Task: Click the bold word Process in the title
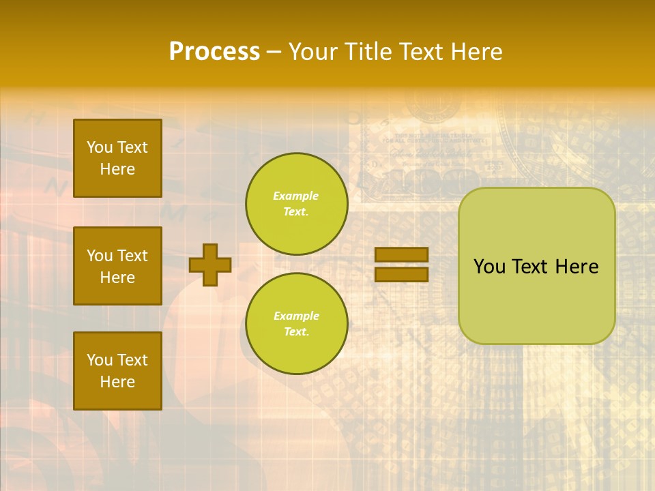[x=214, y=52]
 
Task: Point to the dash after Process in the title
[x=274, y=53]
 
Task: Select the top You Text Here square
[x=117, y=158]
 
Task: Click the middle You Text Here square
[x=117, y=266]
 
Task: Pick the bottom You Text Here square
[x=117, y=371]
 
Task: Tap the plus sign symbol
[x=210, y=265]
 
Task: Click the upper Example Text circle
[x=297, y=204]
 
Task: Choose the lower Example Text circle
[x=297, y=323]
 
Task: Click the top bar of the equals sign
[x=401, y=254]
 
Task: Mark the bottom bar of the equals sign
[x=401, y=274]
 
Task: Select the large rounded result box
[x=537, y=266]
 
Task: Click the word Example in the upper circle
[x=296, y=196]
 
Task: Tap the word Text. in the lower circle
[x=296, y=331]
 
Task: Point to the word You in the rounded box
[x=489, y=267]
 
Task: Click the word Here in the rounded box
[x=577, y=267]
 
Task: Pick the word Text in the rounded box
[x=530, y=267]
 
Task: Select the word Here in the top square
[x=117, y=169]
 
